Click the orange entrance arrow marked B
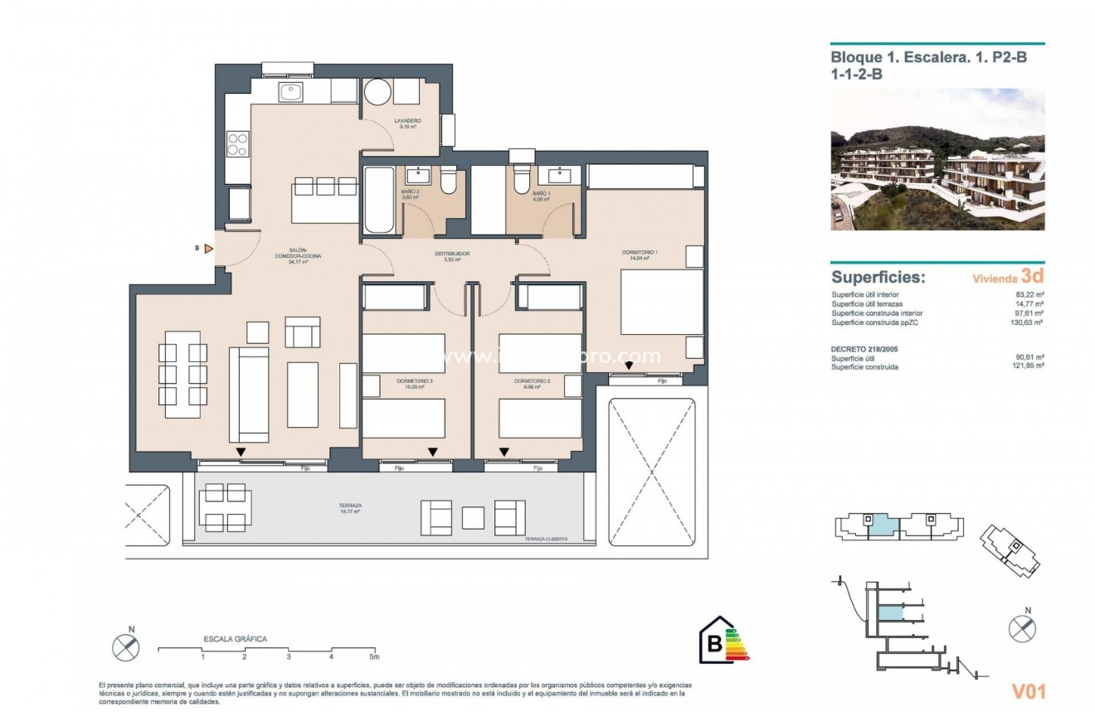[x=208, y=248]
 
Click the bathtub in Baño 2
[x=380, y=201]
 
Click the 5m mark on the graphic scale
[x=373, y=657]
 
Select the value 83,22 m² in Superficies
[x=1029, y=294]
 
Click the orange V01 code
[x=1028, y=691]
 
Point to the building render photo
[x=937, y=159]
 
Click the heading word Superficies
[x=878, y=278]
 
